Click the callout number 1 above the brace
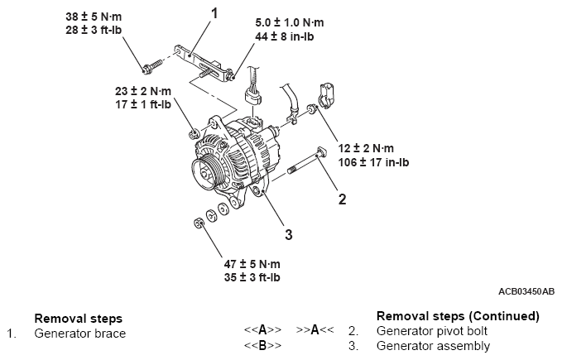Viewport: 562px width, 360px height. (x=215, y=13)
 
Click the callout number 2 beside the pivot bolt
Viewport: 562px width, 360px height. (x=340, y=198)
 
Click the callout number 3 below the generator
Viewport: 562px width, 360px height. (x=288, y=234)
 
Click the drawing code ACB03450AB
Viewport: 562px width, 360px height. (x=526, y=291)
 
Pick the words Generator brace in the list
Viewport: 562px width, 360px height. (x=79, y=334)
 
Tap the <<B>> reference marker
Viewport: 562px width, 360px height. (x=262, y=345)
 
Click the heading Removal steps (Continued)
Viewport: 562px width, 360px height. (x=458, y=316)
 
